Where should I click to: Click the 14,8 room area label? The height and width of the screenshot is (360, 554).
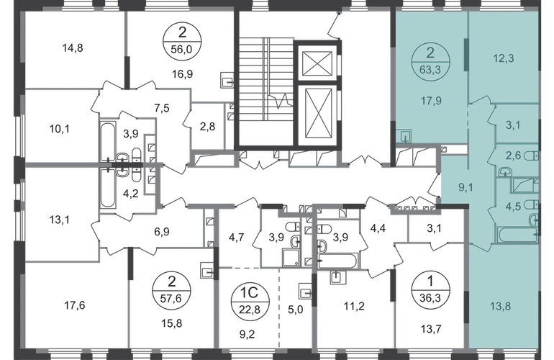[73, 48]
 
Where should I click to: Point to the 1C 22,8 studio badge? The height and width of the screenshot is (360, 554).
[250, 300]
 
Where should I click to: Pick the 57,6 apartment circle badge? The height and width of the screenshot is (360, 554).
[171, 290]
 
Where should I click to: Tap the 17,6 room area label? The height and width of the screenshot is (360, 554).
[75, 305]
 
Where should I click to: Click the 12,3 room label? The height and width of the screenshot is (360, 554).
[504, 58]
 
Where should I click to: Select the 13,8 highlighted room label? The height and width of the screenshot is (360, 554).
[501, 306]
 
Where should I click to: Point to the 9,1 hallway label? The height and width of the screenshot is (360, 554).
[466, 187]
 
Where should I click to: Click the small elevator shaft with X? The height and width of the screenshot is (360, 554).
[317, 63]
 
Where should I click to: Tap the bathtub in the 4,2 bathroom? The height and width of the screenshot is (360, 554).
[107, 189]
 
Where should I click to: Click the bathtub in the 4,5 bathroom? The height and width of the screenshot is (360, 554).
[517, 235]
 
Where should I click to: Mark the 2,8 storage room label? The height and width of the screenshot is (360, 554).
[207, 126]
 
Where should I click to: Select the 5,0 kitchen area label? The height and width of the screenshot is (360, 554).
[296, 310]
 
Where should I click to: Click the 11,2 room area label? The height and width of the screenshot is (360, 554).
[354, 306]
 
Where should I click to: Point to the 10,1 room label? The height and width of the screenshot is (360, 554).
[59, 129]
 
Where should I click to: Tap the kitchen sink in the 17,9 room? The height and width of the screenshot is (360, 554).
[404, 135]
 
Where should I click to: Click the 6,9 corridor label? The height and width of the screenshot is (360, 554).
[162, 232]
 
